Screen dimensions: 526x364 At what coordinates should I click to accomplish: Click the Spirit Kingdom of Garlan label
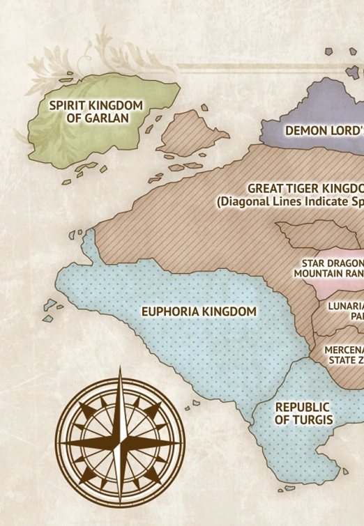[x=96, y=111]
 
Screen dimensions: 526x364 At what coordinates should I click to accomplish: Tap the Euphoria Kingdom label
[x=199, y=311]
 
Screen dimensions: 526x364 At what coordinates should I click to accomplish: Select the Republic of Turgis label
[x=303, y=413]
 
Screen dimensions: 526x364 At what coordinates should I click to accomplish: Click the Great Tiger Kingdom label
[x=305, y=189]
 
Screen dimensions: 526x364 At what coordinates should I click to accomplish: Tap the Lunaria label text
[x=347, y=306]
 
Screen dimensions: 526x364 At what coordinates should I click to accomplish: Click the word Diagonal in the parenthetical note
[x=243, y=202]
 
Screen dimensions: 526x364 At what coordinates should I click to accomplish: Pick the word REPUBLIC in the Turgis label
[x=303, y=407]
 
